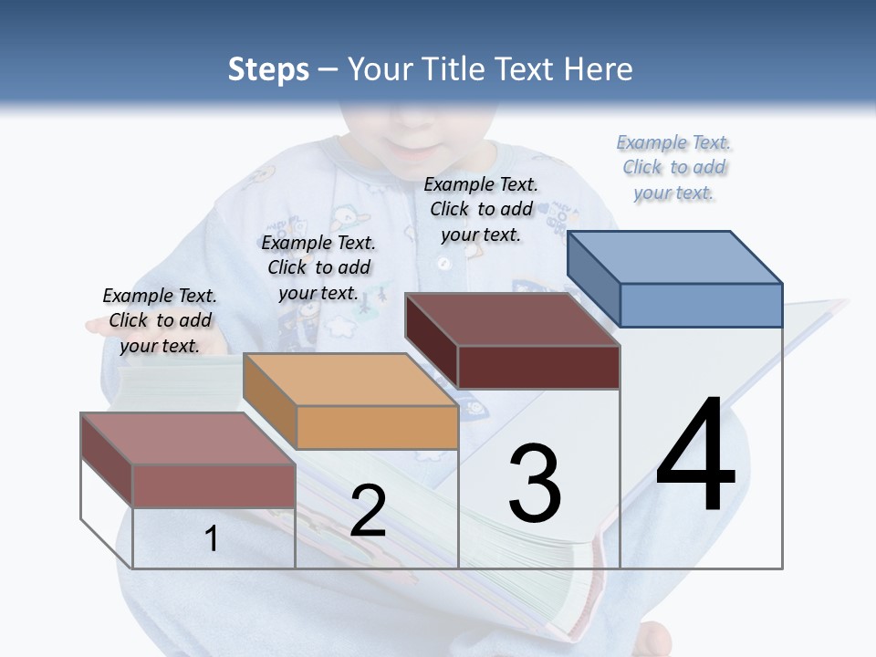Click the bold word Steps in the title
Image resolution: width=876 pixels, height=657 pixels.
coord(268,69)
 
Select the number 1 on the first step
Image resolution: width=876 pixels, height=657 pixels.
coord(211,538)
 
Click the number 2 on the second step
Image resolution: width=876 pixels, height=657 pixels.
coord(368,512)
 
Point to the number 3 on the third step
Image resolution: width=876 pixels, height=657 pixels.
coord(535,484)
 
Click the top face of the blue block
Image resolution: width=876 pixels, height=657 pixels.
coord(675,257)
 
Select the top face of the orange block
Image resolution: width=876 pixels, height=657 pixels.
coord(350,380)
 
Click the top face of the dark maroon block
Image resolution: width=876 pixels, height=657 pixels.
coord(513,319)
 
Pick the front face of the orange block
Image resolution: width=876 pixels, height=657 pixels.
coord(377,427)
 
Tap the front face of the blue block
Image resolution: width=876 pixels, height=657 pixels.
coord(701,305)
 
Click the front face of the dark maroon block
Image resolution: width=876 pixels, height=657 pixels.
coord(538,367)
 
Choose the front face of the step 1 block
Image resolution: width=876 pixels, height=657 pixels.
coord(214,485)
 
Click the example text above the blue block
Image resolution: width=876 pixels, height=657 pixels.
coord(673,168)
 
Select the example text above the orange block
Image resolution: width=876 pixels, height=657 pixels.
coord(318,267)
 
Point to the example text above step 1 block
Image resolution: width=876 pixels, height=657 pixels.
coord(160,320)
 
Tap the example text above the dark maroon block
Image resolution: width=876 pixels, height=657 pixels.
coord(481,209)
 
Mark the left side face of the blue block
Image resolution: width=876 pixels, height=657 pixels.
coord(593,274)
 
